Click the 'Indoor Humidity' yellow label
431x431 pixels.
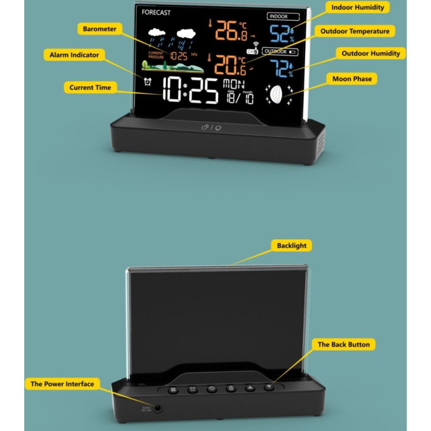(x=358, y=8)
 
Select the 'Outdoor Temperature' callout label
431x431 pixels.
(x=354, y=31)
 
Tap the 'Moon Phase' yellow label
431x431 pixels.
(x=352, y=79)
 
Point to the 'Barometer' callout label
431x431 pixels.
(x=100, y=29)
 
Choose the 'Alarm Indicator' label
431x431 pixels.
(x=74, y=55)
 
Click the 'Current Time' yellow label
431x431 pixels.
(x=90, y=87)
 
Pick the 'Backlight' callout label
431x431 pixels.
(x=291, y=246)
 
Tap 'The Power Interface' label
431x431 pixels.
(x=62, y=384)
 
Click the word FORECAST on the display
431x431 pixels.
(x=156, y=12)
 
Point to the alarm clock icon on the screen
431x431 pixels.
(x=148, y=81)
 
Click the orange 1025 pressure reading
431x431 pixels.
(x=178, y=55)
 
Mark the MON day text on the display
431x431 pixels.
(x=234, y=84)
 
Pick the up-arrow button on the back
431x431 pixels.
(x=249, y=388)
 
